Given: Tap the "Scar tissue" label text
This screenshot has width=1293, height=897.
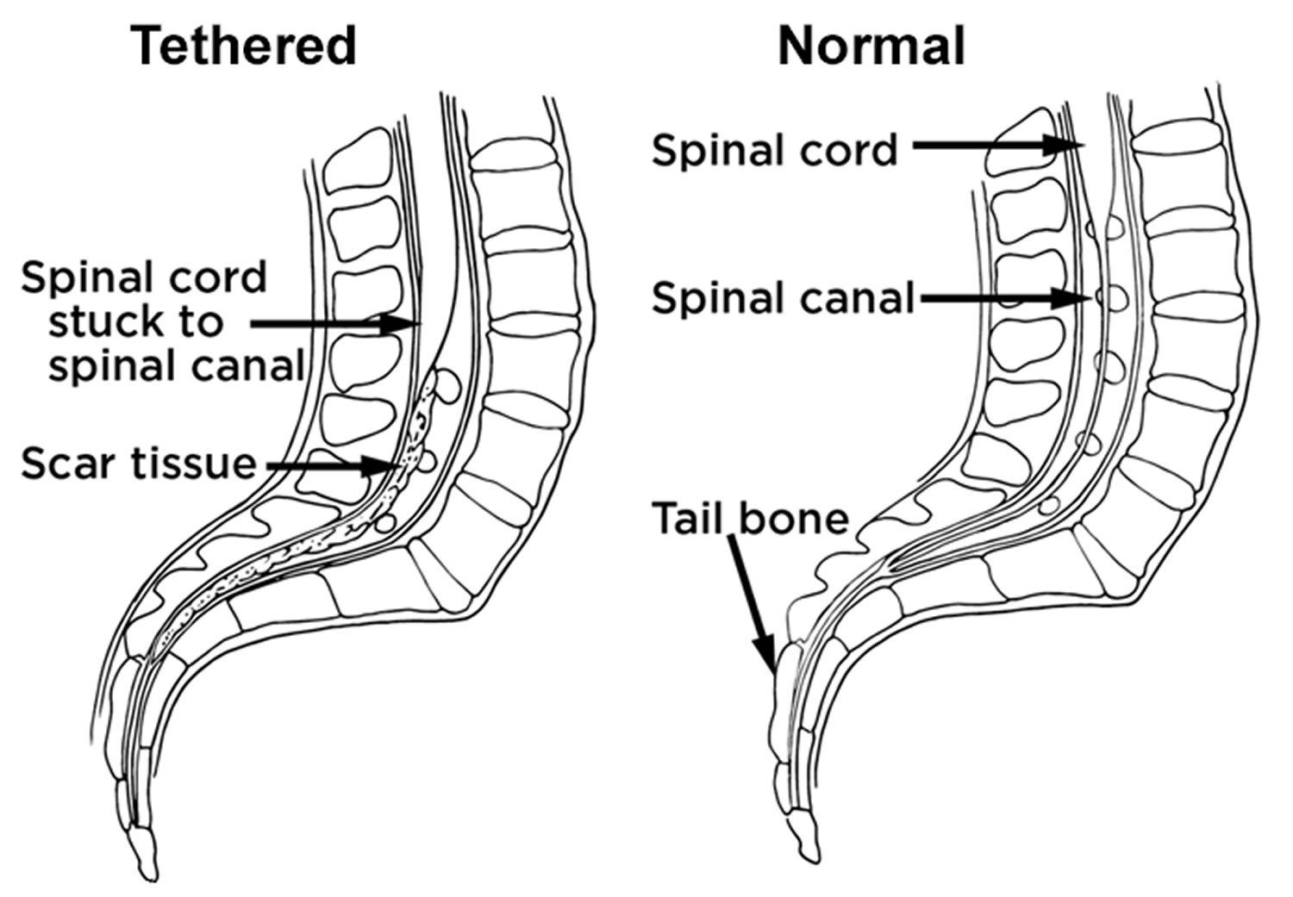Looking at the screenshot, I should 139,464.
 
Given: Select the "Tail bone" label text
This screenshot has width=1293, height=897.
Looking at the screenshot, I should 750,519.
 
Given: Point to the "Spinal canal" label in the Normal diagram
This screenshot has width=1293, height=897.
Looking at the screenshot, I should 782,298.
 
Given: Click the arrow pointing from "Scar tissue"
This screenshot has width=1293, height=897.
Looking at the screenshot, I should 332,466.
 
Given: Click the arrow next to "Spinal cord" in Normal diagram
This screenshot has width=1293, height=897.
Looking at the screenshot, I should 991,146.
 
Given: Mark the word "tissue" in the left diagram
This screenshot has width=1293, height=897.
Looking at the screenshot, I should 195,464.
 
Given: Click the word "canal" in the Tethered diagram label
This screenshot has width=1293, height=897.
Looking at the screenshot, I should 249,366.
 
